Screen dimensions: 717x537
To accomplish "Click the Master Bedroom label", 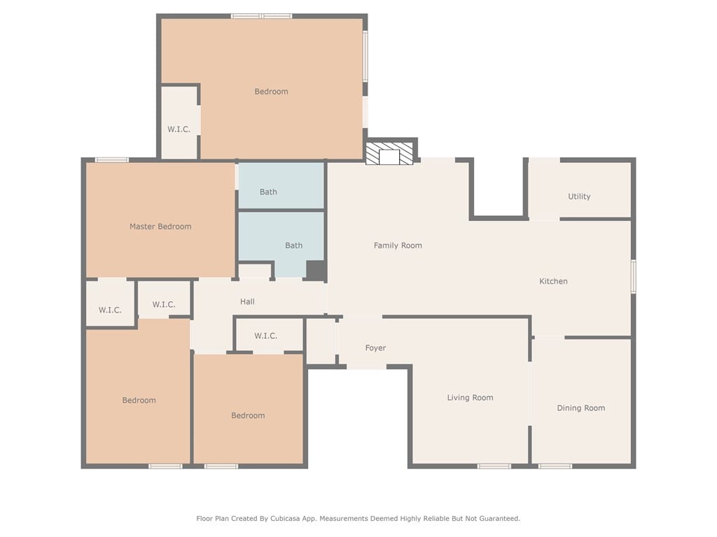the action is point(160,227).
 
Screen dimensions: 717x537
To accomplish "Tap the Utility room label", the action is point(579,196).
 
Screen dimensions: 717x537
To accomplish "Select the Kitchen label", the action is point(553,281).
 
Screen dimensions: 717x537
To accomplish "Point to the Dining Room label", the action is point(580,408).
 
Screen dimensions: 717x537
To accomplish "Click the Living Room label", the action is point(470,398).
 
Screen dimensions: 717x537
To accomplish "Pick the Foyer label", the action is point(375,348).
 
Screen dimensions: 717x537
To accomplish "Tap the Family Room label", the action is point(398,245).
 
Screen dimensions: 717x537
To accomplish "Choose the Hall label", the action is point(247,302).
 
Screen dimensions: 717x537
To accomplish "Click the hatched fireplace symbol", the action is point(389,153).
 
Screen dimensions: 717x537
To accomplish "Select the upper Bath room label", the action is point(268,192).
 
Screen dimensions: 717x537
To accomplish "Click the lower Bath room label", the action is point(293,245).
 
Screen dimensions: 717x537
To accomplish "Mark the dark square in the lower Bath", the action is point(316,271).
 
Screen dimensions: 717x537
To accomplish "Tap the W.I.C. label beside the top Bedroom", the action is point(179,129).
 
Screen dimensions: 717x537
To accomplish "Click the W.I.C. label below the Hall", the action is point(265,336).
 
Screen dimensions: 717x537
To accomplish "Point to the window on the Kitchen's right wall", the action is point(634,276).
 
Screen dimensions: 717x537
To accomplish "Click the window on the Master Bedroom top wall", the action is point(112,160).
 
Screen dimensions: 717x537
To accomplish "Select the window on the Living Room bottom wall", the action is point(494,466).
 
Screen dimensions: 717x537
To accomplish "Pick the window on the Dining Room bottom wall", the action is point(555,466).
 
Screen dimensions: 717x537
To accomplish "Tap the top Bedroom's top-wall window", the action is point(262,17).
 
